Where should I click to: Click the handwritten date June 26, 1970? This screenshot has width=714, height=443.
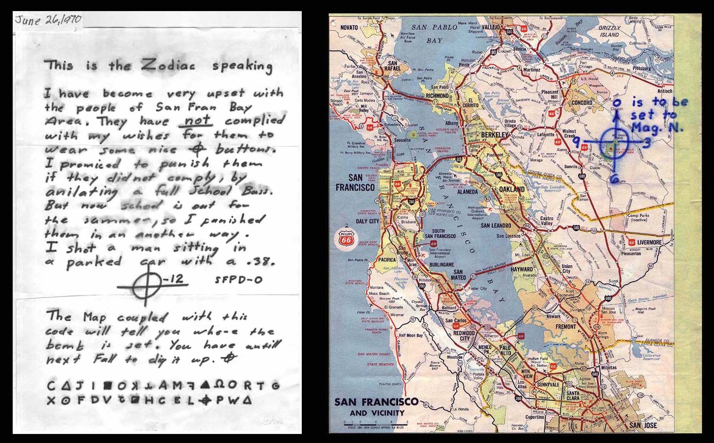[x=48, y=19]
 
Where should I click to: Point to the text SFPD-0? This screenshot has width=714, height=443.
[x=238, y=280]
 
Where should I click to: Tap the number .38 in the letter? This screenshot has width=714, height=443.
[x=260, y=262]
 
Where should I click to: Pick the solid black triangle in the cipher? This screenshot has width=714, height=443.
[x=205, y=385]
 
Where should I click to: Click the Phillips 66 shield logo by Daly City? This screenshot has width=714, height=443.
[x=346, y=239]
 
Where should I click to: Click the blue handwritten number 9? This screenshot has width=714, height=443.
[x=576, y=141]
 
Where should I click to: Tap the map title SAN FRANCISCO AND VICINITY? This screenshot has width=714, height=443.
[x=376, y=407]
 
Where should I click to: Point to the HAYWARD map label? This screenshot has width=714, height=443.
[x=521, y=269]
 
